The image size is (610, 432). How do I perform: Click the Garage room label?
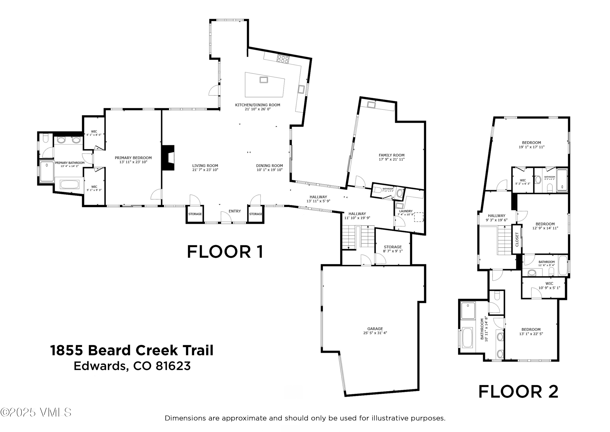[375, 329]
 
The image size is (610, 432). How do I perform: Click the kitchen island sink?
[264, 80]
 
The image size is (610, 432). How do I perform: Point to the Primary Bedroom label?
[133, 158]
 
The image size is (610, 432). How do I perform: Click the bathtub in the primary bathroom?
[70, 184]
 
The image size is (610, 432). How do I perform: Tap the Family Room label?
[391, 155]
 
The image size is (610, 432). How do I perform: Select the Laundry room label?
[406, 211]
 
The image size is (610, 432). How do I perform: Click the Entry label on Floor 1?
[235, 211]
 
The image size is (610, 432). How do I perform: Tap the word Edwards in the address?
[99, 366]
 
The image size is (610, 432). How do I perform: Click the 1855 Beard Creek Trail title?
[132, 350]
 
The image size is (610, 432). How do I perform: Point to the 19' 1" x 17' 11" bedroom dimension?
[531, 147]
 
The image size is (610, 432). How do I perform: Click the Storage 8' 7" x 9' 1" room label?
[392, 247]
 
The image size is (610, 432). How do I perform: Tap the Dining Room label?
[269, 166]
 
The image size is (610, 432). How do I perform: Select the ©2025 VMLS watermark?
[36, 412]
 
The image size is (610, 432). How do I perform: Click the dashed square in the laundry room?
[419, 217]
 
